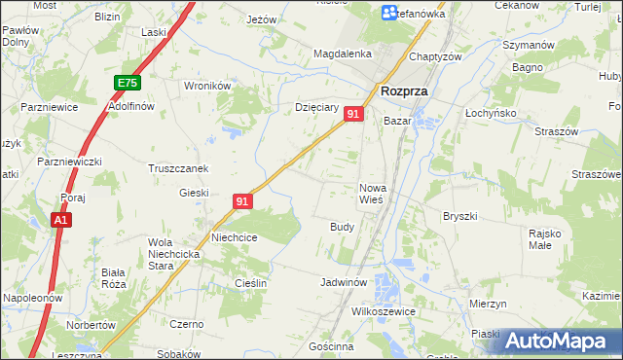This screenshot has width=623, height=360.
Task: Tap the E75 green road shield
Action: coord(127,84)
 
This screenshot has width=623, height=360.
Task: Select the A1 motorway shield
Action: coord(60,221)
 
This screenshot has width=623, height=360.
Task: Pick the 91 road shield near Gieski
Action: coord(243,201)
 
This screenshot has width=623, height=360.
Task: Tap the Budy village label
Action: coord(342,226)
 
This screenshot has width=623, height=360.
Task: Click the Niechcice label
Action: coord(235,236)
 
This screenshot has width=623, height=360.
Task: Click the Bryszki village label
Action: coord(459,216)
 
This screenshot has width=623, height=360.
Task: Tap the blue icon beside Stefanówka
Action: coord(389,14)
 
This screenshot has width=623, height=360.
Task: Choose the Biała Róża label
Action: coord(114,278)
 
